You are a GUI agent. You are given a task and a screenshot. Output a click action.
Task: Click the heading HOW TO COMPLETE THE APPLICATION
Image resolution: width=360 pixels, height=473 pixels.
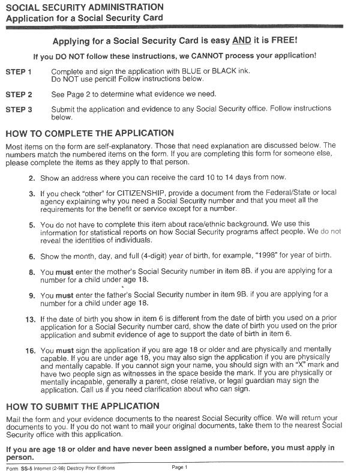[89, 133]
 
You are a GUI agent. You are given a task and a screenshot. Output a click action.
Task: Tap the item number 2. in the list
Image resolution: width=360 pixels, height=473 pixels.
[31, 178]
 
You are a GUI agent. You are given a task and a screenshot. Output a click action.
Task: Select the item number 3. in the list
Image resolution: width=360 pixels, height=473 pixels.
[31, 194]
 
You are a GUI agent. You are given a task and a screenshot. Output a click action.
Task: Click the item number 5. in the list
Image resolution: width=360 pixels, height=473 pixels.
[31, 223]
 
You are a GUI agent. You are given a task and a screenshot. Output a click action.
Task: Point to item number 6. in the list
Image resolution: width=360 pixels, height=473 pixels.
[31, 256]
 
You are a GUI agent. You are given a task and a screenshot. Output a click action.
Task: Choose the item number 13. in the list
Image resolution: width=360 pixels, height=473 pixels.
[29, 319]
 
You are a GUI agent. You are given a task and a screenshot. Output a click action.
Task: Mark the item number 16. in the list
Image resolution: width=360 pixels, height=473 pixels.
[29, 349]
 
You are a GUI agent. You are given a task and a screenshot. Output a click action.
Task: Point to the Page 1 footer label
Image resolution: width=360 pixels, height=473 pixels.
[180, 467]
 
